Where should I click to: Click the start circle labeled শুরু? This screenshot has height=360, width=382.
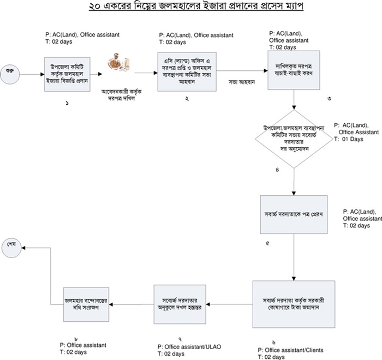(9, 71)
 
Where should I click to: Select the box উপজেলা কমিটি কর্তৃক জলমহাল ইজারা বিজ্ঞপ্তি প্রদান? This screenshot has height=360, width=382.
(67, 71)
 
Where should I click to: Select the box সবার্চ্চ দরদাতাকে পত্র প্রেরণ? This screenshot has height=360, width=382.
(294, 214)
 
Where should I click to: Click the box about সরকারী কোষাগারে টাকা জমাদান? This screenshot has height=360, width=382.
(294, 304)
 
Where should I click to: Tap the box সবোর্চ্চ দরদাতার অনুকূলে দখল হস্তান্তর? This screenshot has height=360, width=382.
(181, 304)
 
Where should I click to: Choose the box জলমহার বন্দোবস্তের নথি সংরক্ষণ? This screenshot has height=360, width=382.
(84, 304)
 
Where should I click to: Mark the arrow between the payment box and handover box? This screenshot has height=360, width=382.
(230, 304)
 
